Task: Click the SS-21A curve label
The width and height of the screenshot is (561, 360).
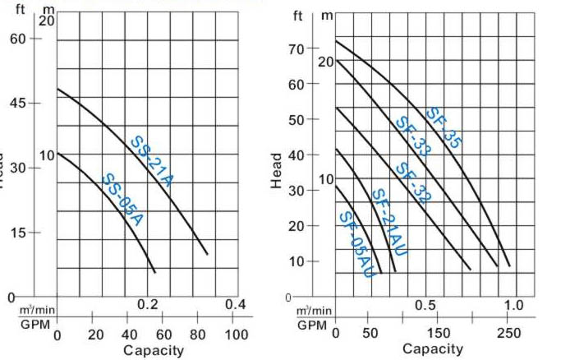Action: [152, 162]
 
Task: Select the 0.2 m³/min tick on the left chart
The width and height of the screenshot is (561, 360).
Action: [147, 305]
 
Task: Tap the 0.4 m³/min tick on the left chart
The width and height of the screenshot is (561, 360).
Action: [236, 305]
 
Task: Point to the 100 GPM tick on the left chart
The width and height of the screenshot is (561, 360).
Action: [236, 335]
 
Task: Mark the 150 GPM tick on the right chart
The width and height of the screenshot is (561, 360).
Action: [439, 333]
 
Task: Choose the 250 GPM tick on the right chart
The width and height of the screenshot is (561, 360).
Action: [508, 333]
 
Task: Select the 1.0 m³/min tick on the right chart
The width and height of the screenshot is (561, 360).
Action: [513, 305]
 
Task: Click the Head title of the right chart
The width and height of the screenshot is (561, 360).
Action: [277, 170]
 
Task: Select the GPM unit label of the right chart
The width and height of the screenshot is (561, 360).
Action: [312, 325]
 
